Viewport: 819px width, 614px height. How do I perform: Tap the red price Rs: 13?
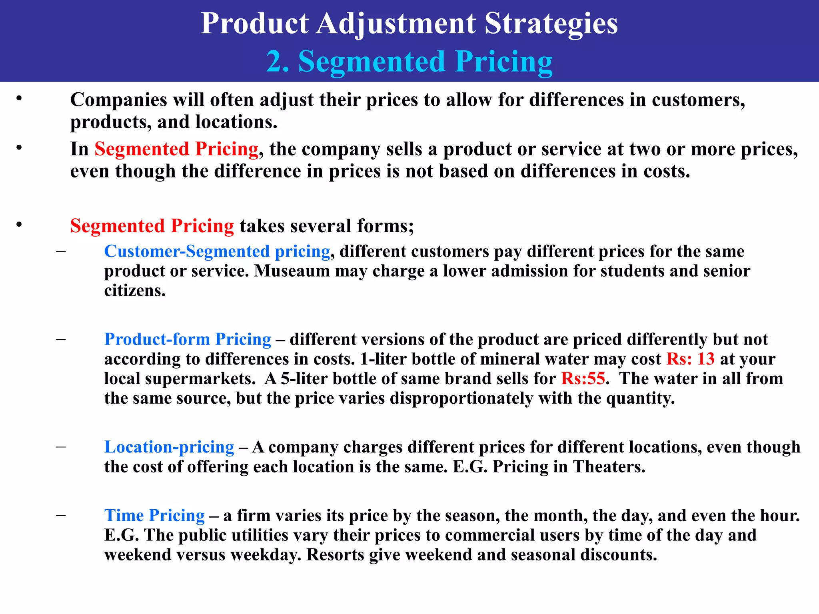(690, 359)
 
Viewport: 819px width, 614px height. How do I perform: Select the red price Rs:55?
(583, 378)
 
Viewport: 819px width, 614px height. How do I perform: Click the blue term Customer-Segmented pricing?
(217, 251)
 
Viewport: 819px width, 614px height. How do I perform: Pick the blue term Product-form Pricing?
(188, 339)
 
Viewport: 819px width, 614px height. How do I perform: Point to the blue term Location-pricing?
(169, 447)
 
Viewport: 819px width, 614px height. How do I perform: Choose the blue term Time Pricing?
(154, 515)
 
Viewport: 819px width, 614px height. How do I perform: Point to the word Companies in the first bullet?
(118, 100)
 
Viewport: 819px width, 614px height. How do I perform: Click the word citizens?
(135, 291)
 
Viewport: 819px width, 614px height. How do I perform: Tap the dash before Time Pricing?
(61, 515)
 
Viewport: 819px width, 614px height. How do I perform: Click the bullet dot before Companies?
(19, 98)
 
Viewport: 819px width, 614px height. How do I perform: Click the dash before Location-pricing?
(61, 447)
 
